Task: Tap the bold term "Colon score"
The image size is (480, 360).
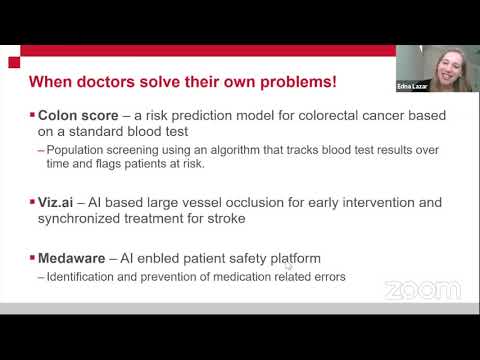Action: [78, 115]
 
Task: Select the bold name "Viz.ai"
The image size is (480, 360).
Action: [55, 202]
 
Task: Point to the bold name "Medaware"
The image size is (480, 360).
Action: [72, 258]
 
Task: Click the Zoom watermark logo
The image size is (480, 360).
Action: [423, 290]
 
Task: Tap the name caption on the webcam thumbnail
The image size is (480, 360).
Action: [412, 86]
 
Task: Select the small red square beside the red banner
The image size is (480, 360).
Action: [14, 62]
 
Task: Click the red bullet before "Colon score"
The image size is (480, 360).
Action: [32, 115]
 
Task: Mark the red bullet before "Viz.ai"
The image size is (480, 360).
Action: [32, 202]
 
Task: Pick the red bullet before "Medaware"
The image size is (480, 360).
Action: [32, 258]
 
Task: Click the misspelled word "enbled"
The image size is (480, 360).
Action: [158, 258]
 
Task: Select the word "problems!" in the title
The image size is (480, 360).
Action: [299, 82]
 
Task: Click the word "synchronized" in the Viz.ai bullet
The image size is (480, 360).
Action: [79, 219]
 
